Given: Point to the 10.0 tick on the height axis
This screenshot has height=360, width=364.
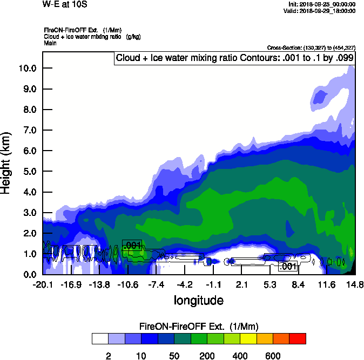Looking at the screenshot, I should [26, 68].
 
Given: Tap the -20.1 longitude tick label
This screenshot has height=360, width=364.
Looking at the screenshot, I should [42, 284].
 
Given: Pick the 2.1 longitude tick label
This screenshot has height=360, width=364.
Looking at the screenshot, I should [241, 284].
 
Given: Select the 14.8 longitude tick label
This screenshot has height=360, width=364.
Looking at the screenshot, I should [354, 284].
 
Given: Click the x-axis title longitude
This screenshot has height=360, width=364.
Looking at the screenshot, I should [199, 300].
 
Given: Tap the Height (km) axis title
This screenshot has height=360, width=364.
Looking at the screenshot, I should [7, 162].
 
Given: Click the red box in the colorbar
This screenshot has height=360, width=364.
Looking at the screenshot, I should [297, 338].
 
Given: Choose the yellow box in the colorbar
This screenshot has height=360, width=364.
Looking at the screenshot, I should [248, 338].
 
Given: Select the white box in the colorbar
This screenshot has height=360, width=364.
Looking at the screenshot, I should [100, 338].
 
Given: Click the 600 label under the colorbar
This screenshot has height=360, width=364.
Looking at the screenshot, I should [273, 356].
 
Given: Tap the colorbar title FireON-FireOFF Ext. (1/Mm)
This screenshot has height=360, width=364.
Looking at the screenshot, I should [199, 327].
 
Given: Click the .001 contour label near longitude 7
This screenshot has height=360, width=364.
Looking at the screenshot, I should [288, 266].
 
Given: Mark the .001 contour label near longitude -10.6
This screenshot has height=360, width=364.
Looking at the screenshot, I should [132, 245].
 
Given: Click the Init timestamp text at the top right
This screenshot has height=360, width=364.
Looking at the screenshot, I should [322, 4].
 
